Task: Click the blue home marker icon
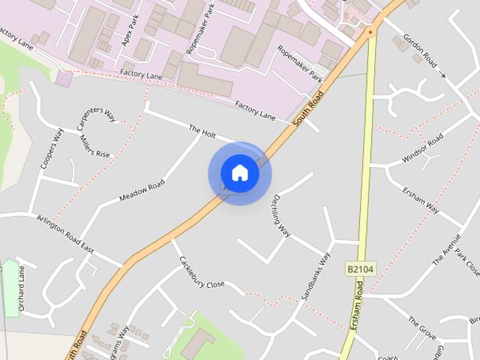click(239, 173)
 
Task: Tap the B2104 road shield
click(360, 268)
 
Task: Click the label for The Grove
click(421, 327)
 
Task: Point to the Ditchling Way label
click(281, 217)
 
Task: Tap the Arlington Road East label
click(64, 232)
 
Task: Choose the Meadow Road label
click(142, 192)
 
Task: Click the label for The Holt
click(202, 131)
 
